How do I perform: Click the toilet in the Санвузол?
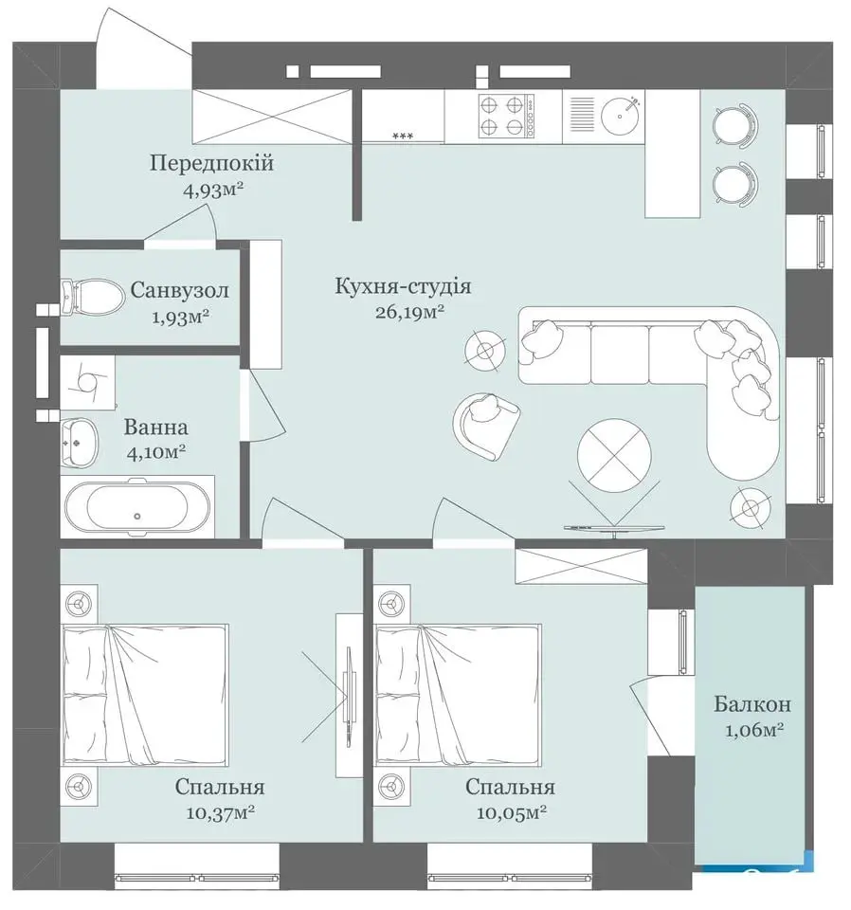(93, 297)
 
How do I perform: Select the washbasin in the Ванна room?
(80, 443)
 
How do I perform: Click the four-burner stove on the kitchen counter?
(506, 116)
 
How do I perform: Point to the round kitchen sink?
(621, 115)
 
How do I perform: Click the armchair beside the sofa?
(486, 425)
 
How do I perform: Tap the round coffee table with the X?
(613, 455)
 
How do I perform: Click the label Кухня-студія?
(403, 286)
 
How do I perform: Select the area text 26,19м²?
(409, 313)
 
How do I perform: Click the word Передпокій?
(211, 163)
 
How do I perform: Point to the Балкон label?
(752, 704)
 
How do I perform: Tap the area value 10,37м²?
(221, 813)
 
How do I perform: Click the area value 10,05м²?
(512, 813)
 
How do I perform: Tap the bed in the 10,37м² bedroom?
(145, 695)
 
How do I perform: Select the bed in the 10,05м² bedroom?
(459, 695)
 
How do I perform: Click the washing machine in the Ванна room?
(87, 380)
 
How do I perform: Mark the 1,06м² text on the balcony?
(754, 730)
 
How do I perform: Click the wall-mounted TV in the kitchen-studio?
(614, 527)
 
